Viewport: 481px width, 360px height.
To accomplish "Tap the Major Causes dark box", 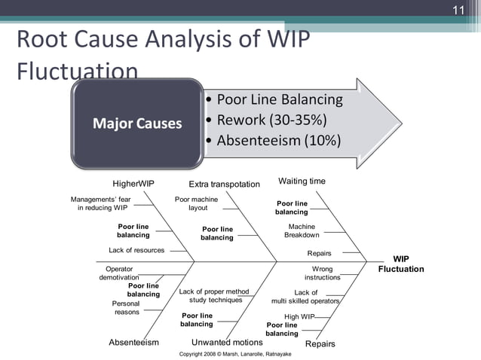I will [x=137, y=123].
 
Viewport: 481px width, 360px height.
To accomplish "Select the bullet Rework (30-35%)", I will [x=271, y=121].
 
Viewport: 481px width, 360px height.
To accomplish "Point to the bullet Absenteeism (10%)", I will [x=278, y=141].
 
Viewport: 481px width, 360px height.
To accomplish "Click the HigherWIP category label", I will [x=133, y=183].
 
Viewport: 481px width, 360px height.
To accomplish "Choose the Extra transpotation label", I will [x=224, y=184].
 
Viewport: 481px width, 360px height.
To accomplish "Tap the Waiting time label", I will [x=302, y=182].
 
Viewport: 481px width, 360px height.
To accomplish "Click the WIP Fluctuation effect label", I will [x=400, y=264].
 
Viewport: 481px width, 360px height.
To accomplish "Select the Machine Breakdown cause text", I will [x=302, y=230].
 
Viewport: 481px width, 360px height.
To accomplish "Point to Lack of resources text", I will [x=136, y=250].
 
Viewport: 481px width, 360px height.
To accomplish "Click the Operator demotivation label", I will [x=118, y=273].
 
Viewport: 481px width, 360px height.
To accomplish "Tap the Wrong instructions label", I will [x=322, y=273].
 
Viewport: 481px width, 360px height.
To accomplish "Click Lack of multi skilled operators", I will [x=306, y=297].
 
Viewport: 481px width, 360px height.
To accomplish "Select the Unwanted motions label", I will [x=227, y=343].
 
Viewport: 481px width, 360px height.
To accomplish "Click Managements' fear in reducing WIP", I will [x=100, y=203].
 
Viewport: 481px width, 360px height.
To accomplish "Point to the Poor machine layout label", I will [x=196, y=203].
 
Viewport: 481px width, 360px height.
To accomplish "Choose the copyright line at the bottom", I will [x=240, y=353].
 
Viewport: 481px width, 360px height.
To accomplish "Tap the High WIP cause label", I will [x=299, y=316].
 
